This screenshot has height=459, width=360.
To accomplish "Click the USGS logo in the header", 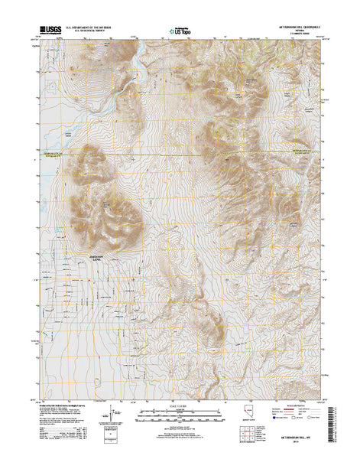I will tap(47, 32).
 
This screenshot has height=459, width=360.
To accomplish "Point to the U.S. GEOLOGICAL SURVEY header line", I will tap(93, 33).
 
